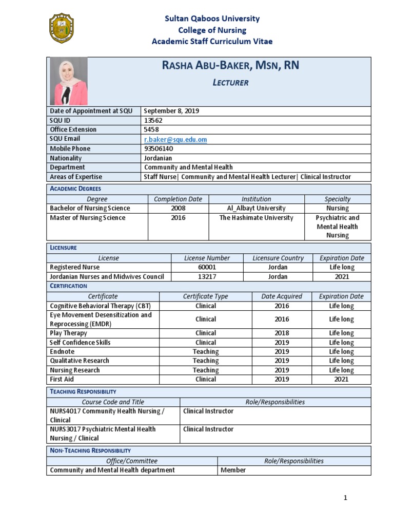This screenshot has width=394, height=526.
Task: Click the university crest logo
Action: coord(62,29)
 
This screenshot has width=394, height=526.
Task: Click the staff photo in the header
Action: coord(68,81)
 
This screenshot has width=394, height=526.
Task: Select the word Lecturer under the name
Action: coord(230,83)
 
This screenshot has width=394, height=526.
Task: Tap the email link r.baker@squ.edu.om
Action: coord(175,139)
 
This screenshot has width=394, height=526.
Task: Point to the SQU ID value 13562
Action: coord(153,120)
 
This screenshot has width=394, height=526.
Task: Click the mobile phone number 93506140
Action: coord(160,148)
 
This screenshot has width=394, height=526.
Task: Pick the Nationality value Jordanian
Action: coord(158,158)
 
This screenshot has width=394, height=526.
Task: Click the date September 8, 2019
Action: coord(172,111)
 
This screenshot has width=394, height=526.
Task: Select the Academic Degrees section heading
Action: coord(75,189)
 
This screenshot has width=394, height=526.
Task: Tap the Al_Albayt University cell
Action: coord(257,208)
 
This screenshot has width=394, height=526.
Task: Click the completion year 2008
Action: coord(179,208)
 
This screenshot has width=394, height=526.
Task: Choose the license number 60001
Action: coord(207,267)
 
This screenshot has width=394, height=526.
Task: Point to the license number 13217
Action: coord(207,276)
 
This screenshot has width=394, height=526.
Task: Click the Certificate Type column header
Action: coord(205,296)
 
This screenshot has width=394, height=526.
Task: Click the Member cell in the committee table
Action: coord(233,470)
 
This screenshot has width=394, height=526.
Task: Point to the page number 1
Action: coord(346,497)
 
